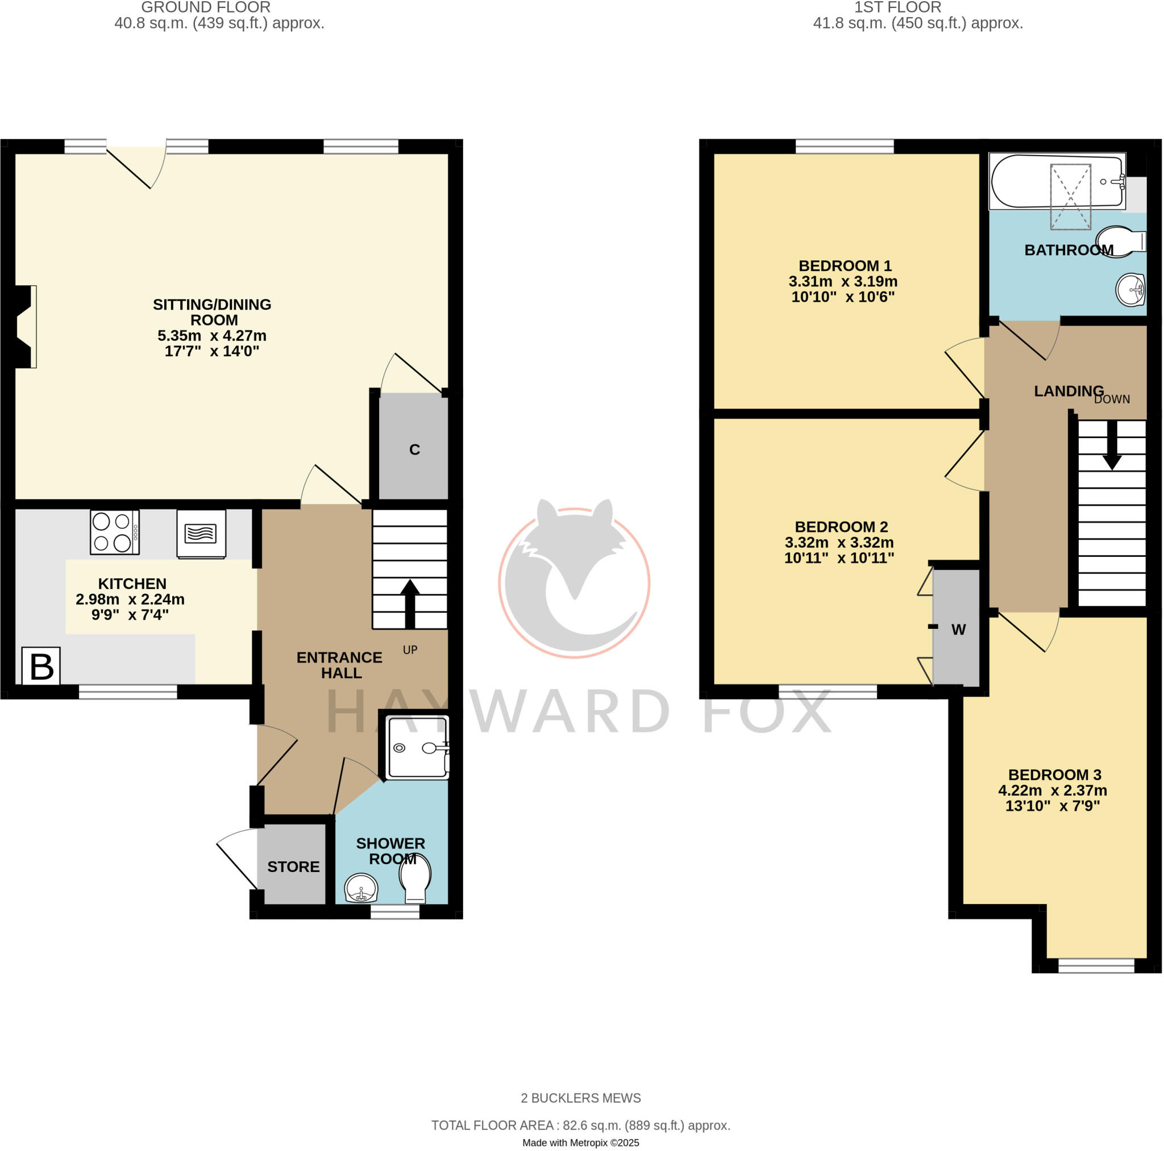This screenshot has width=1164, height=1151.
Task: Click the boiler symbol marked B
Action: point(41,666)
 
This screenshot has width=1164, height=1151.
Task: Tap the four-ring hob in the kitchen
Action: point(114,532)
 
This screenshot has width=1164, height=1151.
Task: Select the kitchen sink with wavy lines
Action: point(201,533)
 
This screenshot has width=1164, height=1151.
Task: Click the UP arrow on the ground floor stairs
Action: point(410,602)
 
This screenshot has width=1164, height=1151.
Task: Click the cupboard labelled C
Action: point(414,449)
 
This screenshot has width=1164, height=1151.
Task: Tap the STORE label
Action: point(293,867)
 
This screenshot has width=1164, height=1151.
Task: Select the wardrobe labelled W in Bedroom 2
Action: point(957,629)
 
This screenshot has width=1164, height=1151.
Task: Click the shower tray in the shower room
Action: point(418,747)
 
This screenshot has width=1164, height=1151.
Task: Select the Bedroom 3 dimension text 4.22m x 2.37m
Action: point(1052,790)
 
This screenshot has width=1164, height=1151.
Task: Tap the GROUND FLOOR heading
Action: point(205,8)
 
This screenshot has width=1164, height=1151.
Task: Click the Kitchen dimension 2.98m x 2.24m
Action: point(130,599)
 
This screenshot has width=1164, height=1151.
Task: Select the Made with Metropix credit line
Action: point(580,1142)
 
